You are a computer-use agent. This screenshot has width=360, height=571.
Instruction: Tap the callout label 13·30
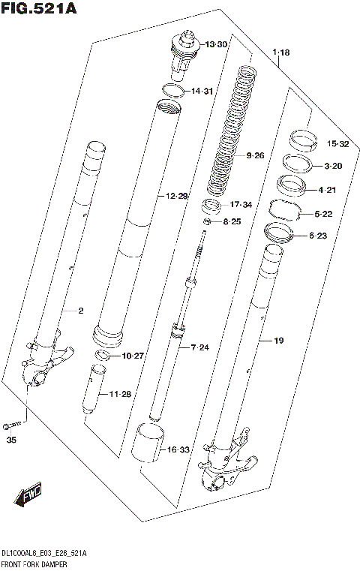pyautogui.click(x=217, y=44)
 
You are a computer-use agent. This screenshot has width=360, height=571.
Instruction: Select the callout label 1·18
pyautogui.click(x=281, y=52)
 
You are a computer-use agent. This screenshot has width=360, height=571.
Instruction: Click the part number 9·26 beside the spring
pyautogui.click(x=256, y=156)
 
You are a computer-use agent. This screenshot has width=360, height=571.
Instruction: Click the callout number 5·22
pyautogui.click(x=323, y=214)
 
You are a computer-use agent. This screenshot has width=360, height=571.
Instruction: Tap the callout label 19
pyautogui.click(x=278, y=341)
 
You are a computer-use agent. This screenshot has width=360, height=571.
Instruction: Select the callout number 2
pyautogui.click(x=80, y=310)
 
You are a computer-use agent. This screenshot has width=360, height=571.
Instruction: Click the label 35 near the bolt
pyautogui.click(x=11, y=440)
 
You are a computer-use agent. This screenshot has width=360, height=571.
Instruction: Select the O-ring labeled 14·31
pyautogui.click(x=173, y=92)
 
